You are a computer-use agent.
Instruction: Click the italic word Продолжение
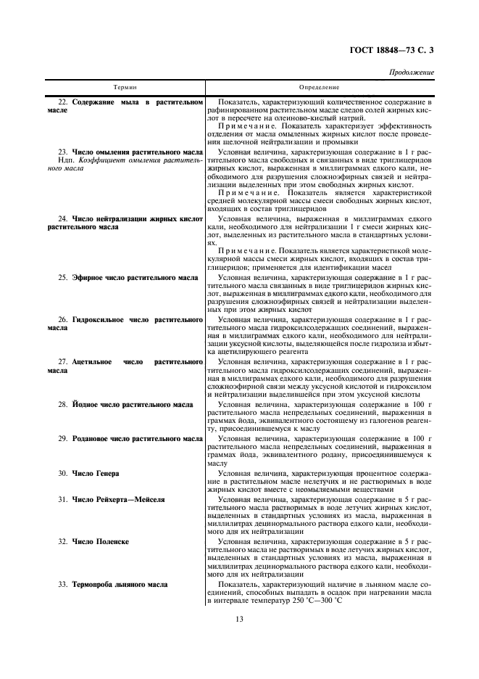(412, 73)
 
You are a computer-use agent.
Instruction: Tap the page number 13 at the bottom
(239, 618)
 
